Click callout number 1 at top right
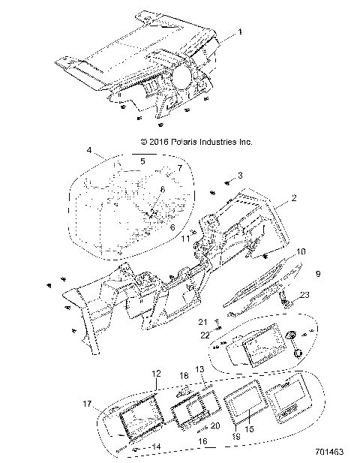240,32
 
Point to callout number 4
89,151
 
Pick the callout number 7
179,169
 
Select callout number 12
156,373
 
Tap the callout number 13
200,370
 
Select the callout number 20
194,425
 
